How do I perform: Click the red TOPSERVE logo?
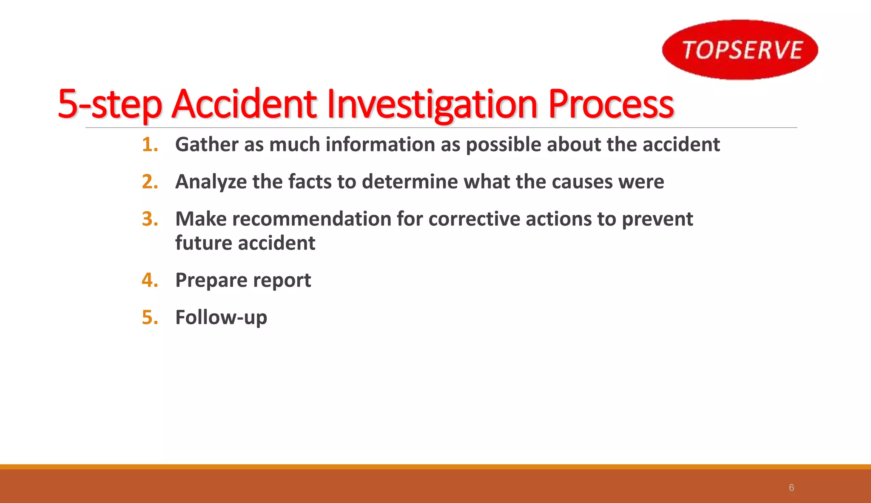(740, 49)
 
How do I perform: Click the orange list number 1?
(149, 145)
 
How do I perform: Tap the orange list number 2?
(149, 182)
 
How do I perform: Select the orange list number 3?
(149, 219)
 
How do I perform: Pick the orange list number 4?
(149, 280)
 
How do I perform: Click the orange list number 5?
(149, 317)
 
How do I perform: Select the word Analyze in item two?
(211, 182)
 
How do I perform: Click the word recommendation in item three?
(312, 219)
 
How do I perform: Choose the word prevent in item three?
(657, 219)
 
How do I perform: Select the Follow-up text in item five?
(221, 318)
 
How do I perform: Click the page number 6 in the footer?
(791, 488)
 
